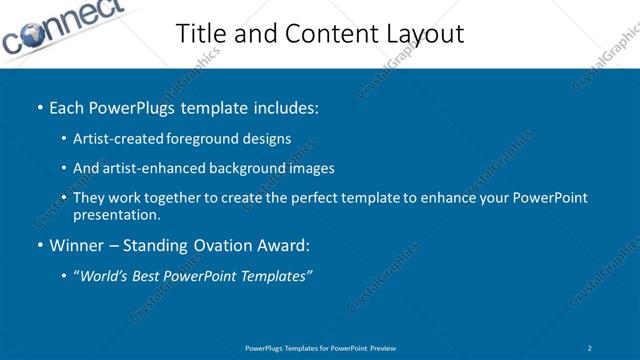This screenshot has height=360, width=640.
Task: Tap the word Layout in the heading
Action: [x=428, y=33]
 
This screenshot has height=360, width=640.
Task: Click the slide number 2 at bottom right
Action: [x=590, y=347]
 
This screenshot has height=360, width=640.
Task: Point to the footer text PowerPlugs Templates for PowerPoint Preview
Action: [x=320, y=347]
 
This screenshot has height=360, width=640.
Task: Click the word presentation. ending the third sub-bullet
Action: [x=116, y=214]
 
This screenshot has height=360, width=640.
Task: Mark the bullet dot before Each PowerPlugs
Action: [x=38, y=106]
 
